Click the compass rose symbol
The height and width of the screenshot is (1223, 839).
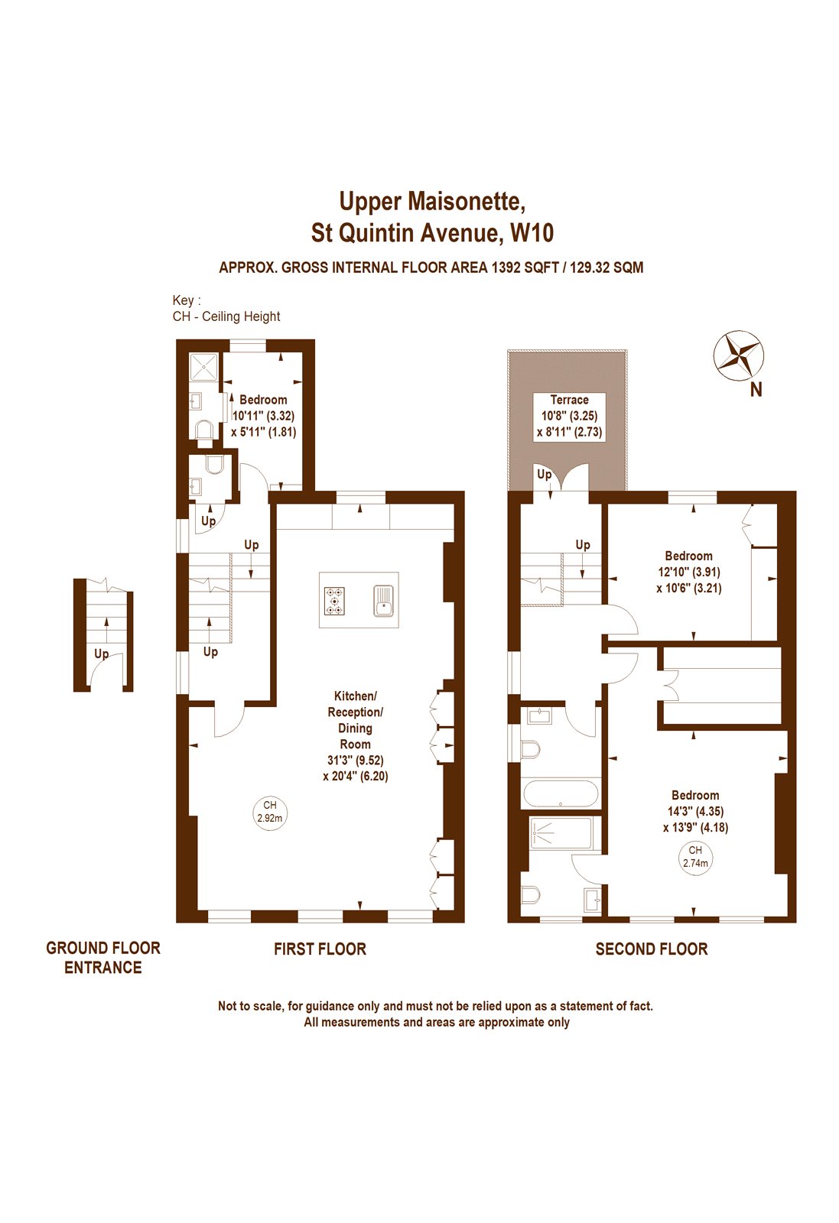(x=738, y=355)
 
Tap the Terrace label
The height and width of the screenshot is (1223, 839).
(x=569, y=400)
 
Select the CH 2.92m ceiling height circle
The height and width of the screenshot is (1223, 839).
(x=269, y=812)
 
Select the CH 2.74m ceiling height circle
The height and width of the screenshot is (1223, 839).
(x=694, y=857)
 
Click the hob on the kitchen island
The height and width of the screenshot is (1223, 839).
(x=334, y=600)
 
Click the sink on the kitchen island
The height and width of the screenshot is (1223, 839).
(x=384, y=600)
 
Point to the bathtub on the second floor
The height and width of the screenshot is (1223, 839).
(x=561, y=793)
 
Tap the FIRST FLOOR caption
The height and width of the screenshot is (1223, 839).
(x=320, y=949)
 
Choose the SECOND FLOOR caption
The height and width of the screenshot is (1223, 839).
(x=651, y=949)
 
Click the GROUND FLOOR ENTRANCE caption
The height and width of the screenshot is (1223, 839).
(x=102, y=958)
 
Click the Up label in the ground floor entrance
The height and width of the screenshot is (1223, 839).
(x=101, y=654)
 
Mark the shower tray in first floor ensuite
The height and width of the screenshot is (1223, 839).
(x=204, y=366)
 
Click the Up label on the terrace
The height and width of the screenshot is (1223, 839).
(x=544, y=475)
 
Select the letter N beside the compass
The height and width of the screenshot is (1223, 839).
(x=756, y=390)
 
